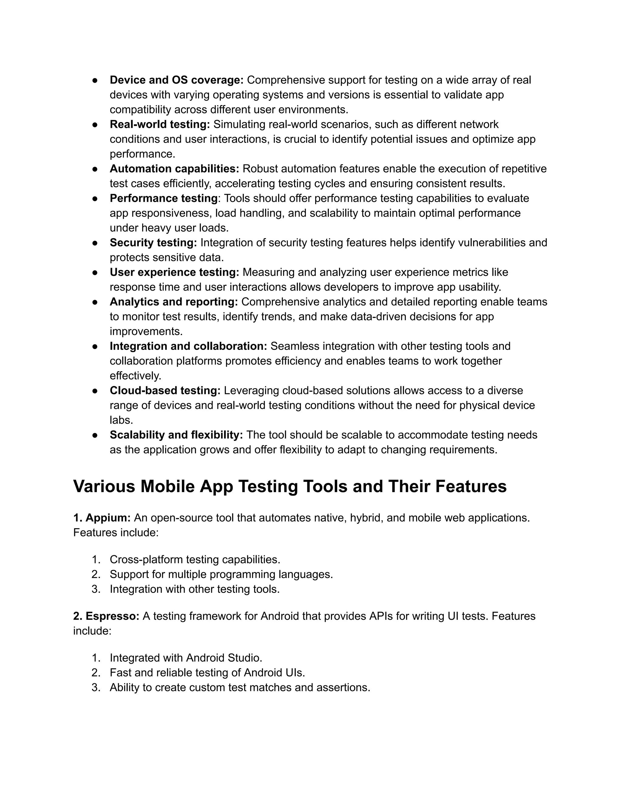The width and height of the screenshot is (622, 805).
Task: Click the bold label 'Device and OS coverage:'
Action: pyautogui.click(x=176, y=80)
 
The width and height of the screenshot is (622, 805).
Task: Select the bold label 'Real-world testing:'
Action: pyautogui.click(x=159, y=124)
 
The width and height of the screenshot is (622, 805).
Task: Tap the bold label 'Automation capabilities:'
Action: pyautogui.click(x=174, y=169)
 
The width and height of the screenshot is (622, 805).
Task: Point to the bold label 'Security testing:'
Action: pyautogui.click(x=153, y=242)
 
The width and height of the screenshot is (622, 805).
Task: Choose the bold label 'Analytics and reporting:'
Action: pyautogui.click(x=173, y=302)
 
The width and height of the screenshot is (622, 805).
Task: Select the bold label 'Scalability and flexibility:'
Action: pyautogui.click(x=176, y=435)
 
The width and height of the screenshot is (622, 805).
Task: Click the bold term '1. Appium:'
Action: pyautogui.click(x=102, y=518)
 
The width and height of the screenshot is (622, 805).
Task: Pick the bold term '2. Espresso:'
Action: pyautogui.click(x=106, y=616)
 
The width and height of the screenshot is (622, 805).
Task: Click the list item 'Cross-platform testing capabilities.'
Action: pyautogui.click(x=195, y=560)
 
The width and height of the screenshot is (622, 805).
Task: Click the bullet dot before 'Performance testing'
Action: pyautogui.click(x=95, y=199)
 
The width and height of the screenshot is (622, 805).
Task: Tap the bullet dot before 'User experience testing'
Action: pyautogui.click(x=95, y=272)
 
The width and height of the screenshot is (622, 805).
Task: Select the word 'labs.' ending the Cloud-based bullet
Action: pyautogui.click(x=121, y=420)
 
